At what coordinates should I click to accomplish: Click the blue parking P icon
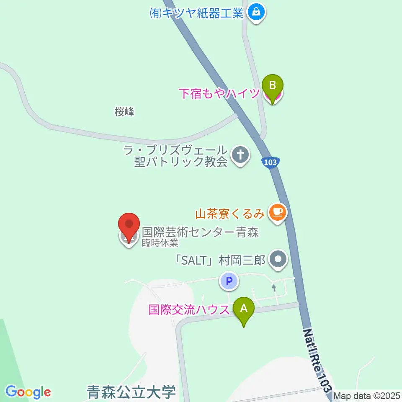pyautogui.click(x=229, y=281)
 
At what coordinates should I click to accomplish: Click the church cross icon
pyautogui.click(x=240, y=156)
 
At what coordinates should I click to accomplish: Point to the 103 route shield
pyautogui.click(x=271, y=162)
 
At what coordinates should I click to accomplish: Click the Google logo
pyautogui.click(x=28, y=392)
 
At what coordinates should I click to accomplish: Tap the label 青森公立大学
pyautogui.click(x=131, y=393)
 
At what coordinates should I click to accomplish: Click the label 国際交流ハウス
pyautogui.click(x=189, y=310)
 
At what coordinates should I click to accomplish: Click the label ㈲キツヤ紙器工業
pyautogui.click(x=196, y=13)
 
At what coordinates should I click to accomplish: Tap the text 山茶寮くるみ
pyautogui.click(x=230, y=214)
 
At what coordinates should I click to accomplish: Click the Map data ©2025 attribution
pyautogui.click(x=367, y=396)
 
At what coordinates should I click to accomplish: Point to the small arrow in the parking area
pyautogui.click(x=274, y=288)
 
